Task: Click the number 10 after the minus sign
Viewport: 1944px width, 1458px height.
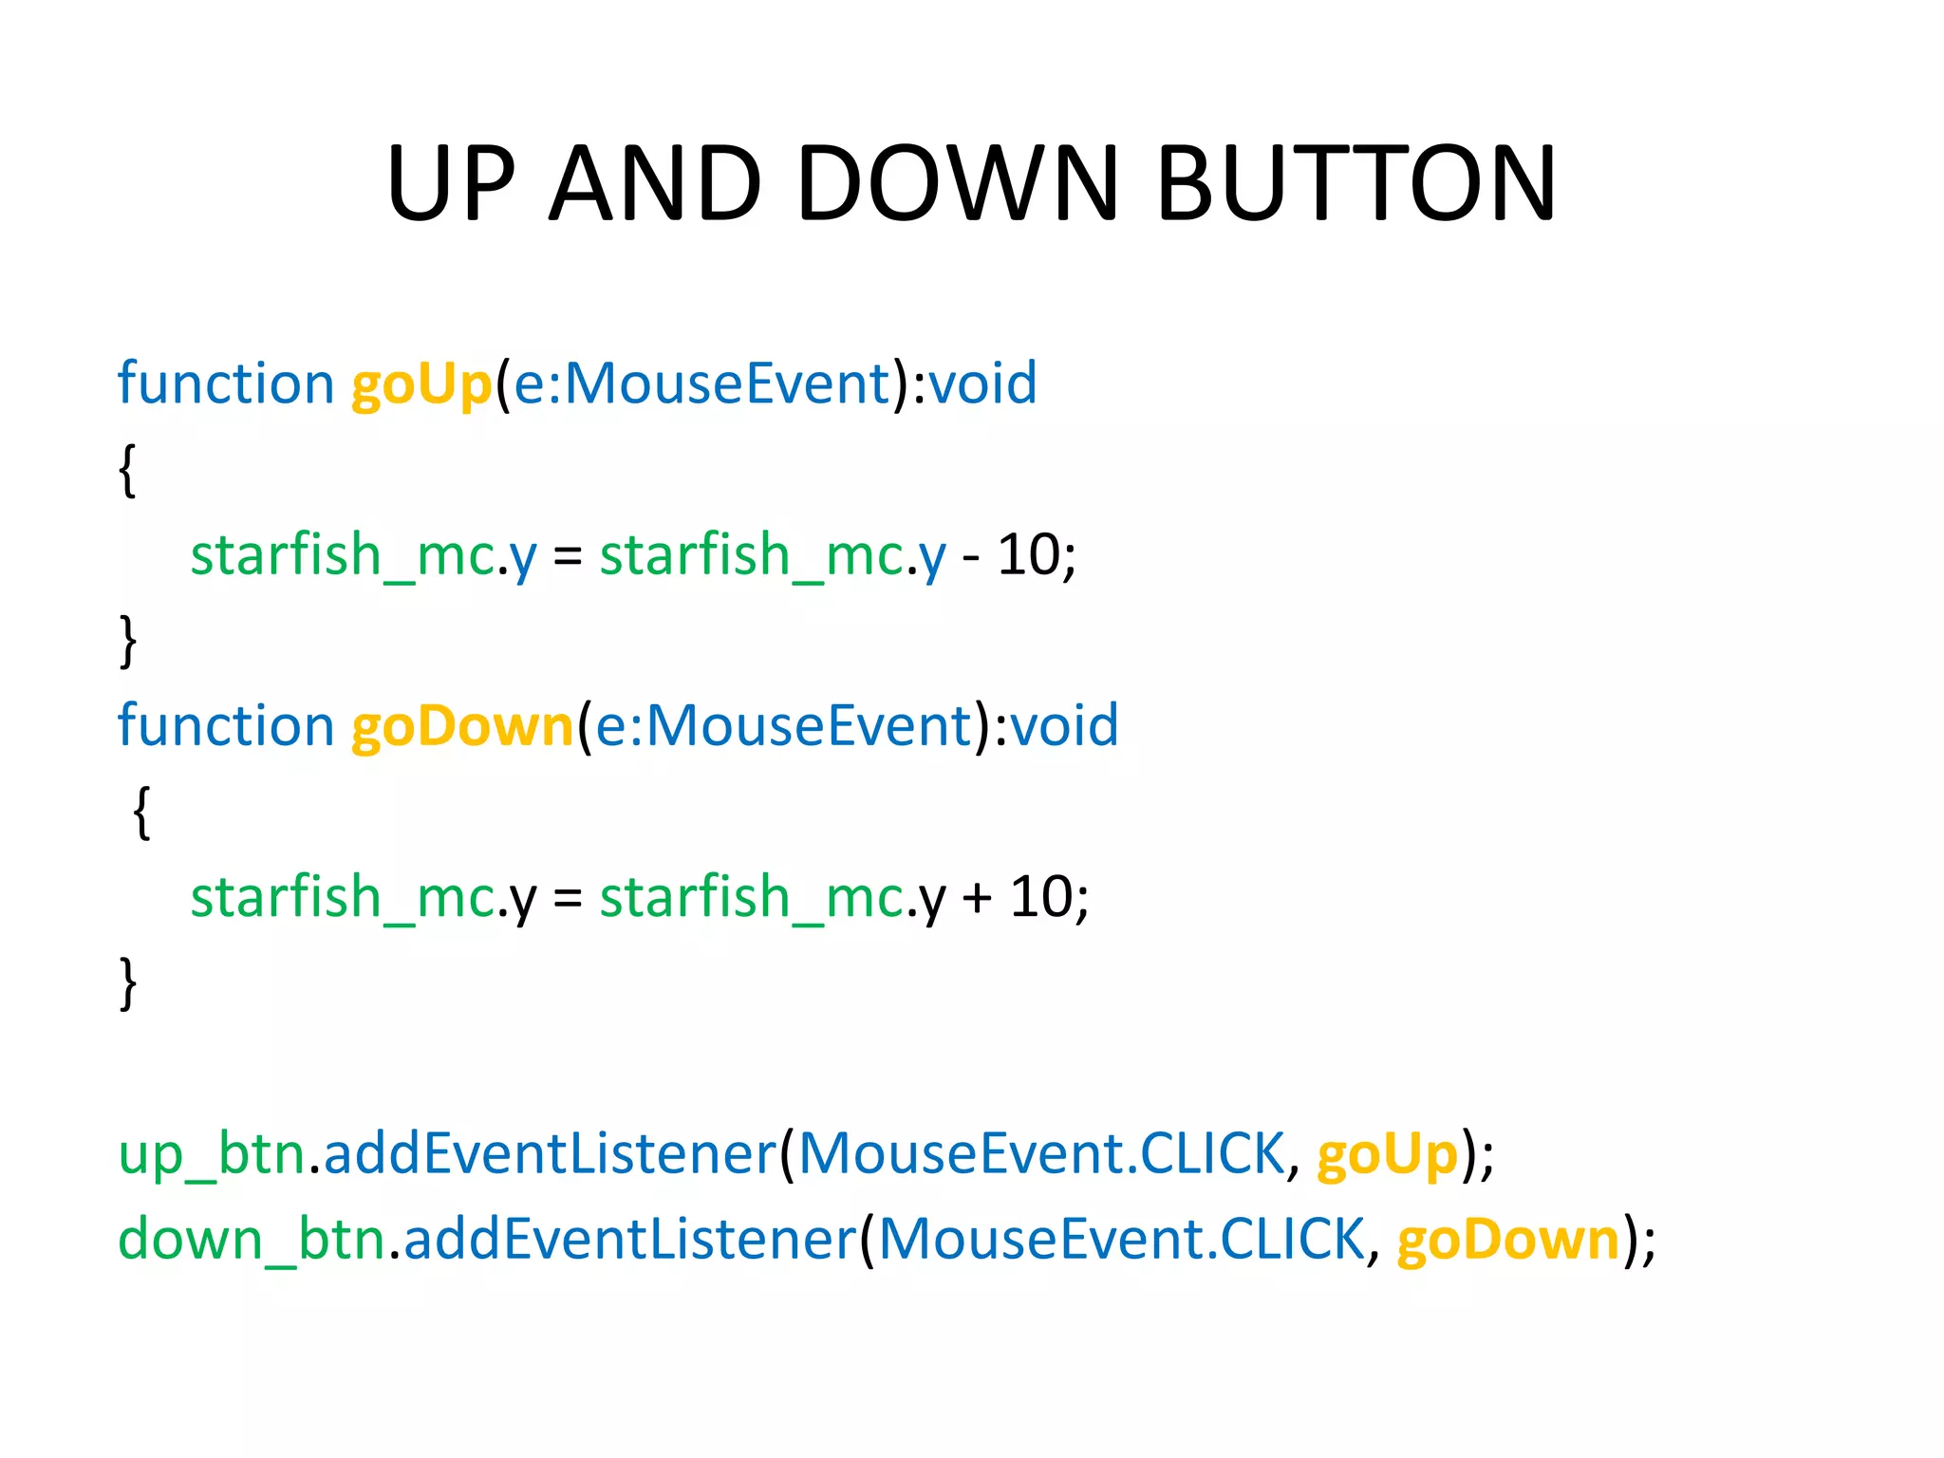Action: tap(1029, 555)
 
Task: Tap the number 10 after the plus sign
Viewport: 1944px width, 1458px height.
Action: tap(1041, 897)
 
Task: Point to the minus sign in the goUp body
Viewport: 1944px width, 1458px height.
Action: tap(971, 558)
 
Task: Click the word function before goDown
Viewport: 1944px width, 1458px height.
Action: tap(226, 726)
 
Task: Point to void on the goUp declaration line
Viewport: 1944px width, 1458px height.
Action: tap(982, 384)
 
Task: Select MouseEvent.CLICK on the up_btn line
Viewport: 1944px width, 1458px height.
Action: tap(1041, 1154)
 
